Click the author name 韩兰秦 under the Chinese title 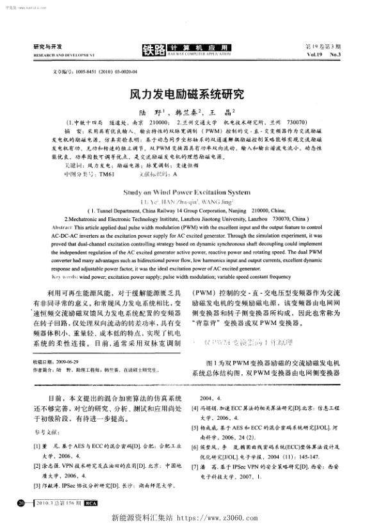200,110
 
